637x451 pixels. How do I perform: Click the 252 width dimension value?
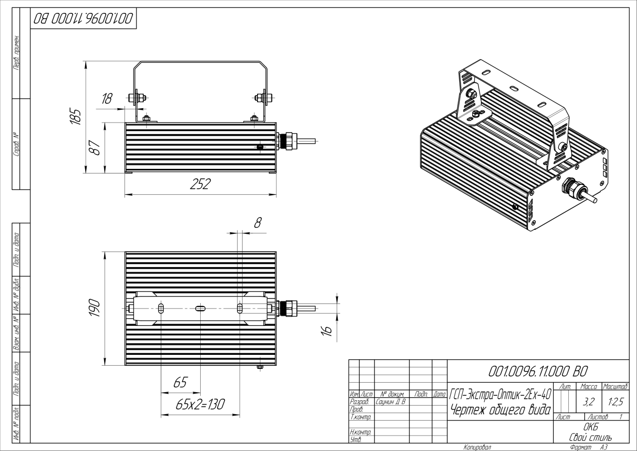point(200,184)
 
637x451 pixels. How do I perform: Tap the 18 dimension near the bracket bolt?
point(107,99)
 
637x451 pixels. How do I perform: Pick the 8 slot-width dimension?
point(257,223)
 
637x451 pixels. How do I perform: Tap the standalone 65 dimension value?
point(180,383)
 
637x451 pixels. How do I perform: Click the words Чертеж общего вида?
point(500,410)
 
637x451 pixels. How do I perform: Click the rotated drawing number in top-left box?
point(83,19)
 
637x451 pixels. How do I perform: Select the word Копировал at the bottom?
point(477,447)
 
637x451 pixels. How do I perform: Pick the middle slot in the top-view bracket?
point(200,309)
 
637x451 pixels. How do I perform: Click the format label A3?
point(603,447)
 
